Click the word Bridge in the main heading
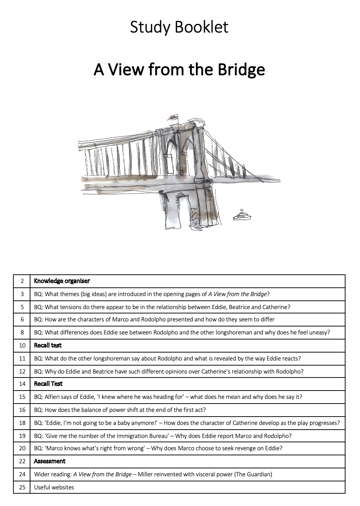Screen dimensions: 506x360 coord(241,69)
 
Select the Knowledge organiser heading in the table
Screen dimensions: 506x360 coord(62,281)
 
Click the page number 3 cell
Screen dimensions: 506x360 coord(22,294)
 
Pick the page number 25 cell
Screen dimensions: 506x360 coord(22,487)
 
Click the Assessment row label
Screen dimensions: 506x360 coord(50,461)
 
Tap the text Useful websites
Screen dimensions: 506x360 coord(54,487)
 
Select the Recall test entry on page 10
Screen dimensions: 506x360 coord(48,345)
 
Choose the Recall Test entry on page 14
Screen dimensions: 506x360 coord(48,384)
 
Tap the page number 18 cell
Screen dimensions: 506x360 coord(22,423)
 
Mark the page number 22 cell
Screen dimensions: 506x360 coord(22,461)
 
